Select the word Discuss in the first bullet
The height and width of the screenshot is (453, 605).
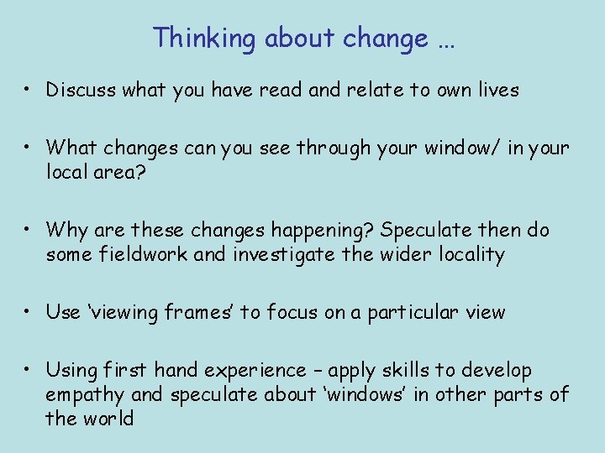81,90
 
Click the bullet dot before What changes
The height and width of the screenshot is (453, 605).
29,148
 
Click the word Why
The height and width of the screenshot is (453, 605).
64,230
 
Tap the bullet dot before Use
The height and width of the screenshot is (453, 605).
29,313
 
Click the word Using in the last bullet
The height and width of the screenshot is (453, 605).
71,371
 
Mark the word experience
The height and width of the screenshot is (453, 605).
257,371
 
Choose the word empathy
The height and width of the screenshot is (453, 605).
84,394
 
